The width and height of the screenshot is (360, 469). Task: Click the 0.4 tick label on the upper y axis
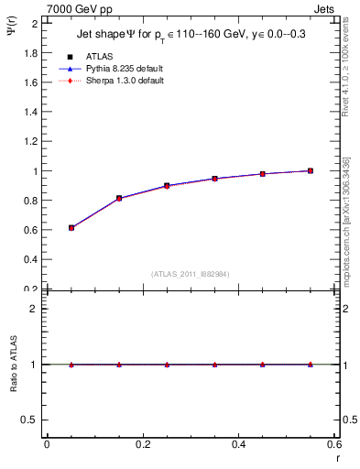click(x=32, y=259)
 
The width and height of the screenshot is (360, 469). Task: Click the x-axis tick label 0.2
click(x=143, y=444)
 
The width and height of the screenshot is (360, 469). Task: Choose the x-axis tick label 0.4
click(x=238, y=444)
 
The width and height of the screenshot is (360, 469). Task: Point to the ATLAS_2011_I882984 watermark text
click(x=191, y=274)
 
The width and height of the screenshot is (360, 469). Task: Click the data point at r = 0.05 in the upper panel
click(x=71, y=227)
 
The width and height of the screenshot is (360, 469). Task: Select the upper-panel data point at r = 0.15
click(x=119, y=198)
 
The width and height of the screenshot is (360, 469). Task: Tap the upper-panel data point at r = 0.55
click(x=311, y=170)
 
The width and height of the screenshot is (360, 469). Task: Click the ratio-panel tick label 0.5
click(x=32, y=420)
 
